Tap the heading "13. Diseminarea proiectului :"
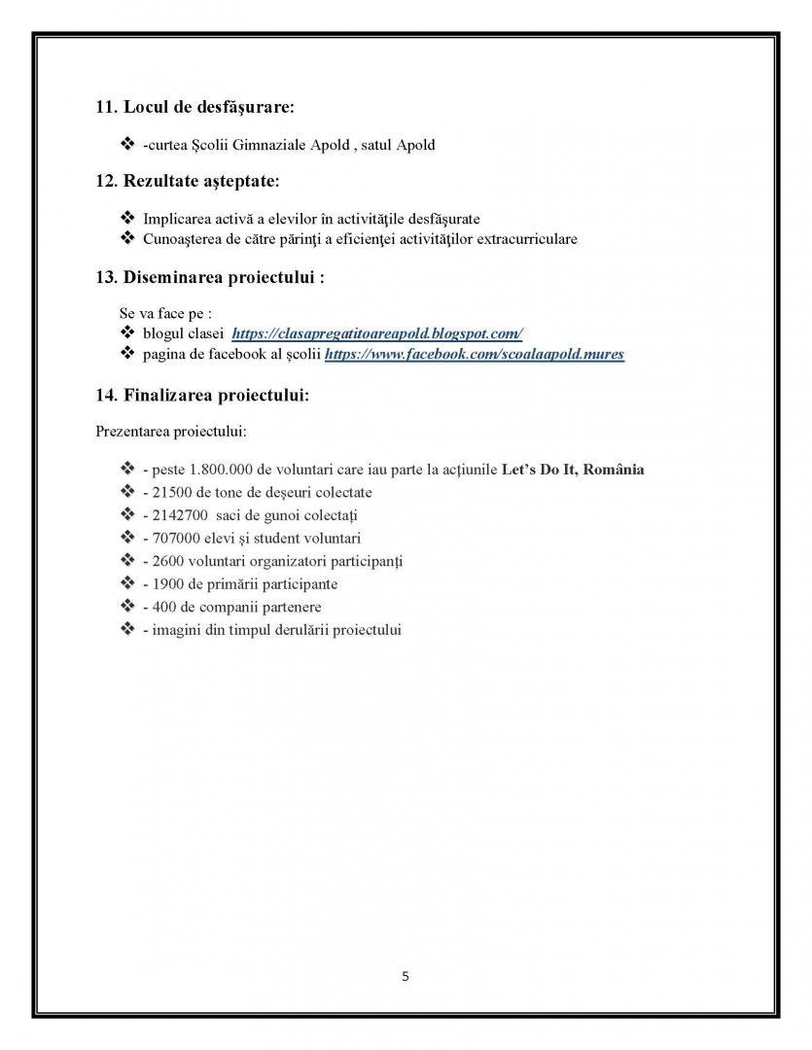pos(209,277)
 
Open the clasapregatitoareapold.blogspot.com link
pos(377,333)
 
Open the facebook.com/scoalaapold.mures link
pos(474,355)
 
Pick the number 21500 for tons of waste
pos(169,493)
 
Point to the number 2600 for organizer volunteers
pos(165,561)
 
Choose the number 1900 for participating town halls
pos(165,584)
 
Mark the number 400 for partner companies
pos(161,607)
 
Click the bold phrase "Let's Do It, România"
pos(572,470)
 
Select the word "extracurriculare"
pos(524,238)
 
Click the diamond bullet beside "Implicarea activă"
pos(126,219)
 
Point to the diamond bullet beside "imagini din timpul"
pos(126,630)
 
